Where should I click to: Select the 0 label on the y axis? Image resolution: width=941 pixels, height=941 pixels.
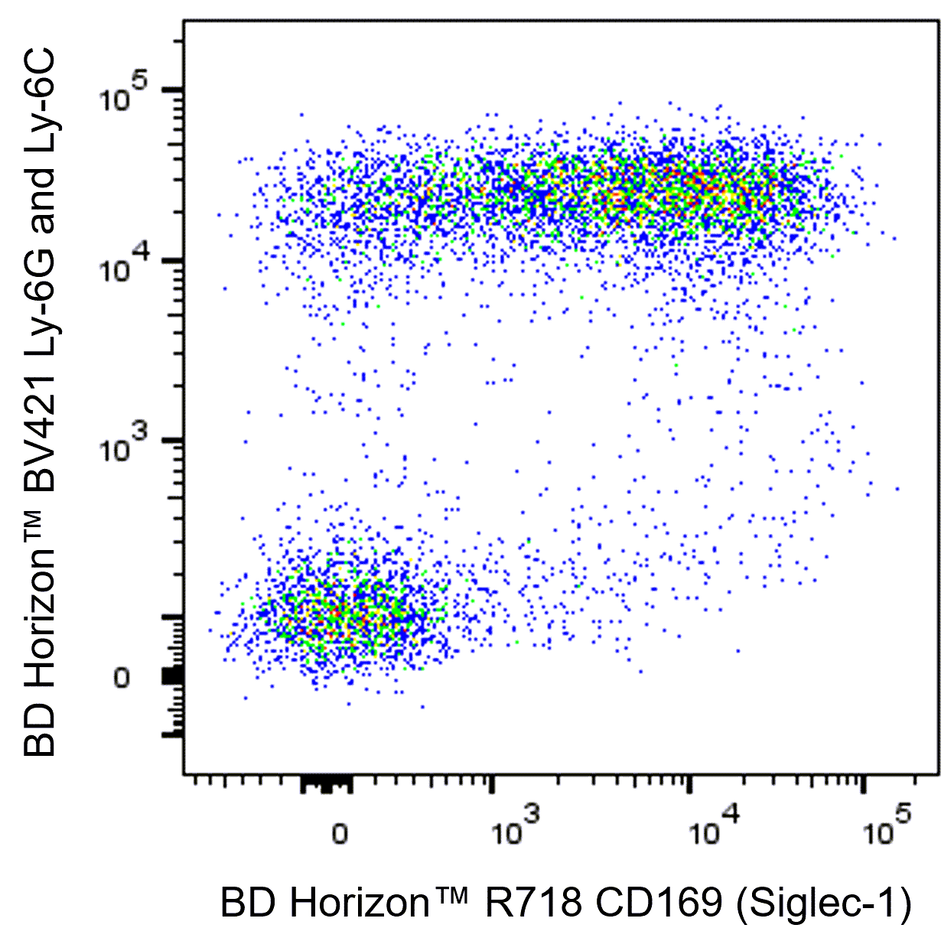pos(122,678)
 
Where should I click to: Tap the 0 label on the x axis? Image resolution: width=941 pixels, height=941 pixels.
pos(340,833)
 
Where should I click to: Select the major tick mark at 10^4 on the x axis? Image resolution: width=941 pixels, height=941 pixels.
pos(691,784)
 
